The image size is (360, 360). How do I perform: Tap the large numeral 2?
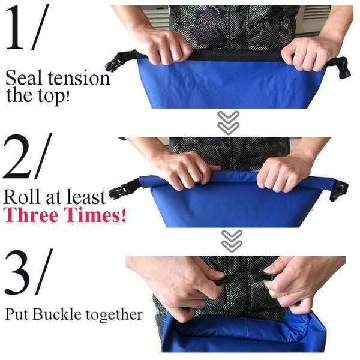click(x=17, y=157)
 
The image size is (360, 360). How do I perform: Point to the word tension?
click(x=79, y=79)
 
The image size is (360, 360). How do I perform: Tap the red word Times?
click(x=95, y=214)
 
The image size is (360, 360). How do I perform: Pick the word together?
click(x=114, y=315)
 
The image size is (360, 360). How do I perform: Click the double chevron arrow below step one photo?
click(x=228, y=122)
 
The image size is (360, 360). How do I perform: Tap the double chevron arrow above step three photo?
click(x=232, y=241)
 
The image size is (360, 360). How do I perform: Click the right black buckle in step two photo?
click(x=339, y=191)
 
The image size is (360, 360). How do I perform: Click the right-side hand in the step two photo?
click(x=283, y=174)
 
